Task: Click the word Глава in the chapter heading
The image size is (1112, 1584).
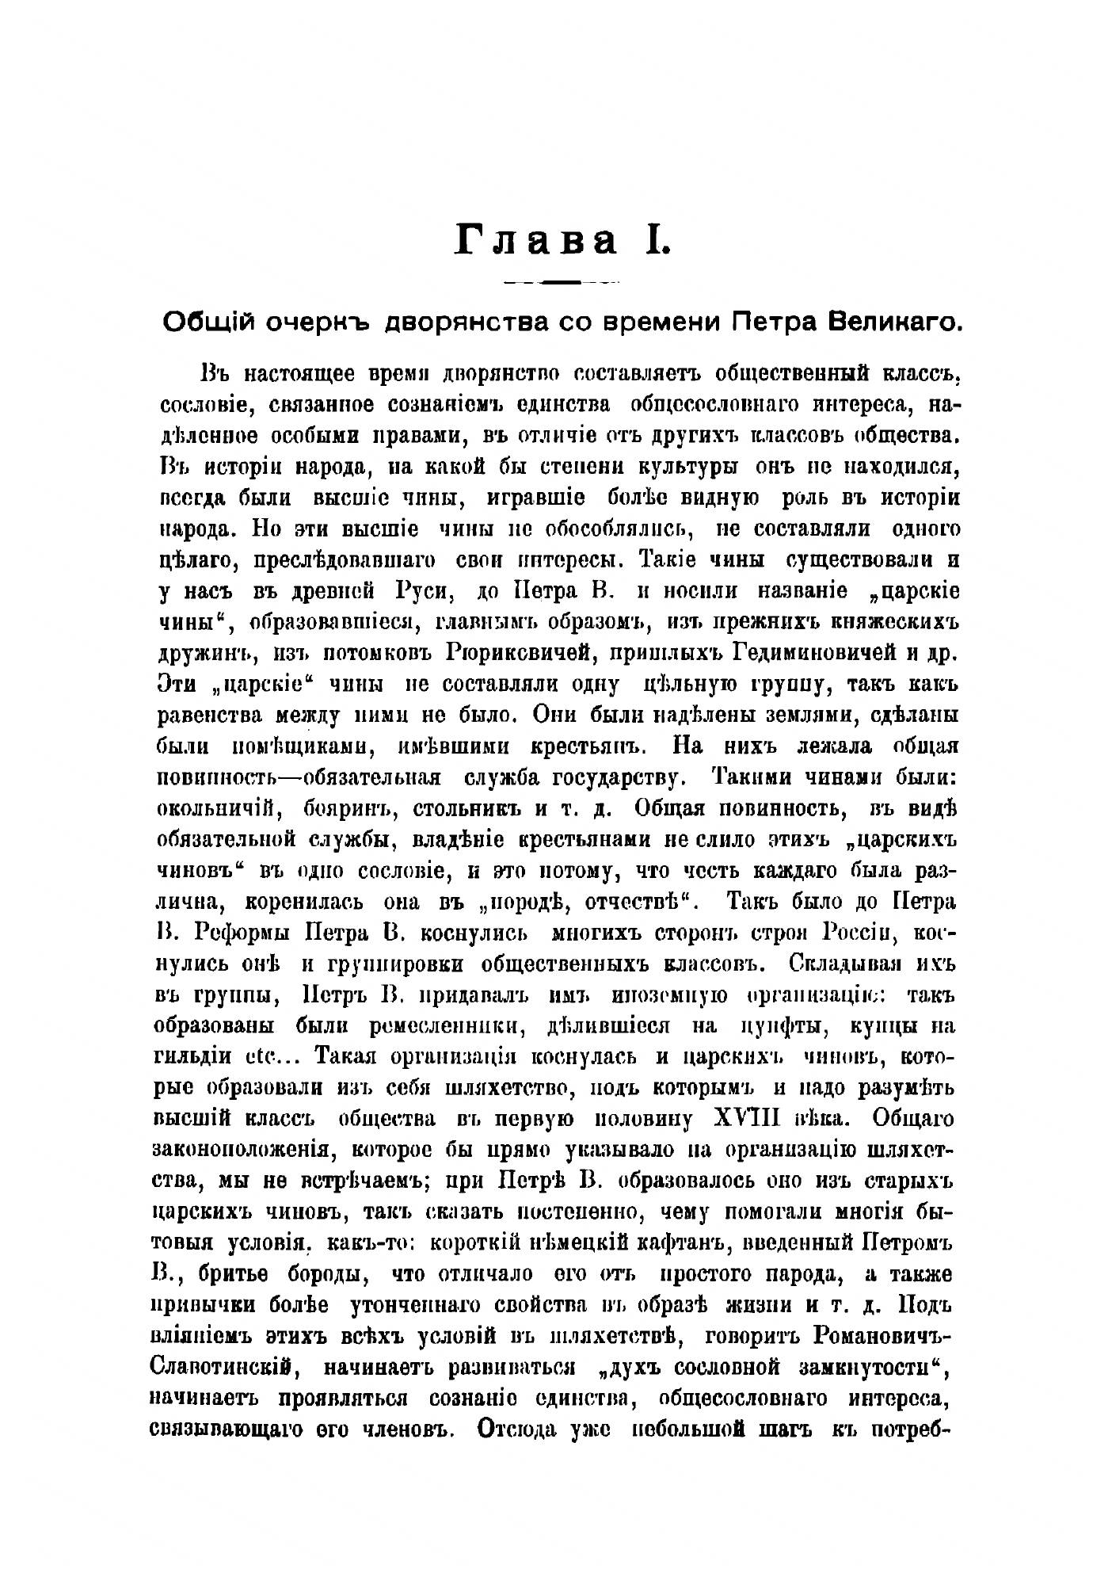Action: click(536, 239)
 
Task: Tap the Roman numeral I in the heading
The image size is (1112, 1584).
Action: click(658, 239)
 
